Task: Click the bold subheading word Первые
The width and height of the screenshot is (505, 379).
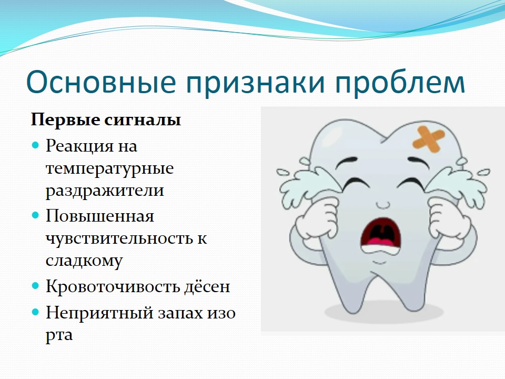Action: click(x=65, y=119)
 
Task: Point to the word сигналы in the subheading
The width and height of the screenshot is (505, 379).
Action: click(x=143, y=120)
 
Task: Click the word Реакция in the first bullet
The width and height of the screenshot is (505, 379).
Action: click(x=80, y=147)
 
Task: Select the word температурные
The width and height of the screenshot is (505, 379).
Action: click(x=110, y=169)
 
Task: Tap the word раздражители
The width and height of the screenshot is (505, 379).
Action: click(x=105, y=191)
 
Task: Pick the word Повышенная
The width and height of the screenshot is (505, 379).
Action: click(x=100, y=216)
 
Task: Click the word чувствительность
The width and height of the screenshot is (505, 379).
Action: click(x=117, y=239)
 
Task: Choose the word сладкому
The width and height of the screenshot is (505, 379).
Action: click(x=84, y=261)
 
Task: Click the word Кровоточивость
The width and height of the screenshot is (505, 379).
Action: click(x=113, y=286)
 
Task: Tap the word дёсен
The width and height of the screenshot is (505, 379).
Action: click(x=207, y=286)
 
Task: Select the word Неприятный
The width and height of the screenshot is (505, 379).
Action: click(x=99, y=313)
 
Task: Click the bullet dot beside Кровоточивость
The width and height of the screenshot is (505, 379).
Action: click(x=35, y=285)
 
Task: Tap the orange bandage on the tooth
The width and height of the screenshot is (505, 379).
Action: click(x=429, y=139)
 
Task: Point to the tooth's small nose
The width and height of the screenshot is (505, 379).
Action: click(x=382, y=205)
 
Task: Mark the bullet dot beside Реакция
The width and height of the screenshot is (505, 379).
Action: click(x=35, y=145)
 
